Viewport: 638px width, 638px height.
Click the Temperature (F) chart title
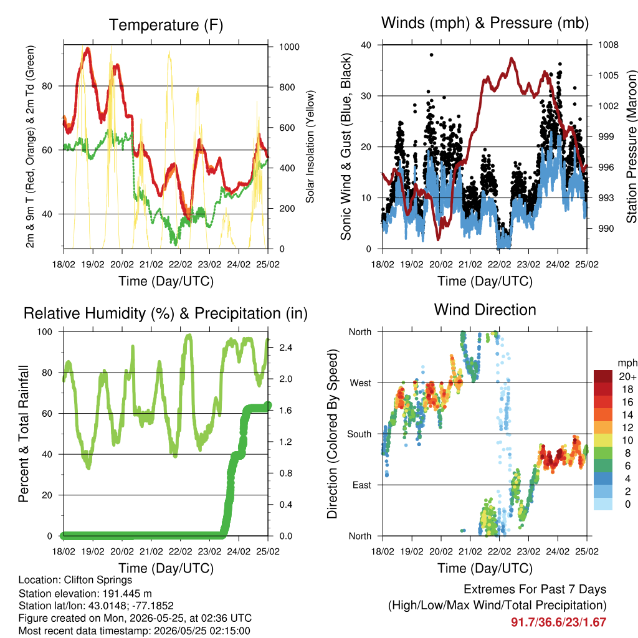(166, 25)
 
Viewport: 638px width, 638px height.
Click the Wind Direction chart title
(485, 310)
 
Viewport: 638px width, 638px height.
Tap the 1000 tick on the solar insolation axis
(289, 47)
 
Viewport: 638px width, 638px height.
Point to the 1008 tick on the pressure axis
(608, 45)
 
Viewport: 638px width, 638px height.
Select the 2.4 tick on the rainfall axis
(285, 348)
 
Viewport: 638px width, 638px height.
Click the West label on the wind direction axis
(361, 383)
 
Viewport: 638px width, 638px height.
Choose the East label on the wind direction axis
(362, 485)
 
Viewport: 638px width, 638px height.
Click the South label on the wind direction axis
(359, 434)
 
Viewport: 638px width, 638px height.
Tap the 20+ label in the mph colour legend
(627, 377)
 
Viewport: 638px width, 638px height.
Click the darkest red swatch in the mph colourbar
(603, 376)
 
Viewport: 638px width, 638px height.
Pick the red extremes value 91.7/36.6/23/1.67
(559, 622)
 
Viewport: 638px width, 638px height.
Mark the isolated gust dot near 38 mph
(432, 55)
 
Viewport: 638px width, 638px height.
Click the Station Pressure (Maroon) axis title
(631, 146)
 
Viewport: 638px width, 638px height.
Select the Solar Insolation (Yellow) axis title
(310, 146)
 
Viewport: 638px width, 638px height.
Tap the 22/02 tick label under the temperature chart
(180, 264)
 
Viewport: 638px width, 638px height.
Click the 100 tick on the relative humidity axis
(45, 332)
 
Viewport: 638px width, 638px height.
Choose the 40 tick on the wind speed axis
(366, 45)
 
